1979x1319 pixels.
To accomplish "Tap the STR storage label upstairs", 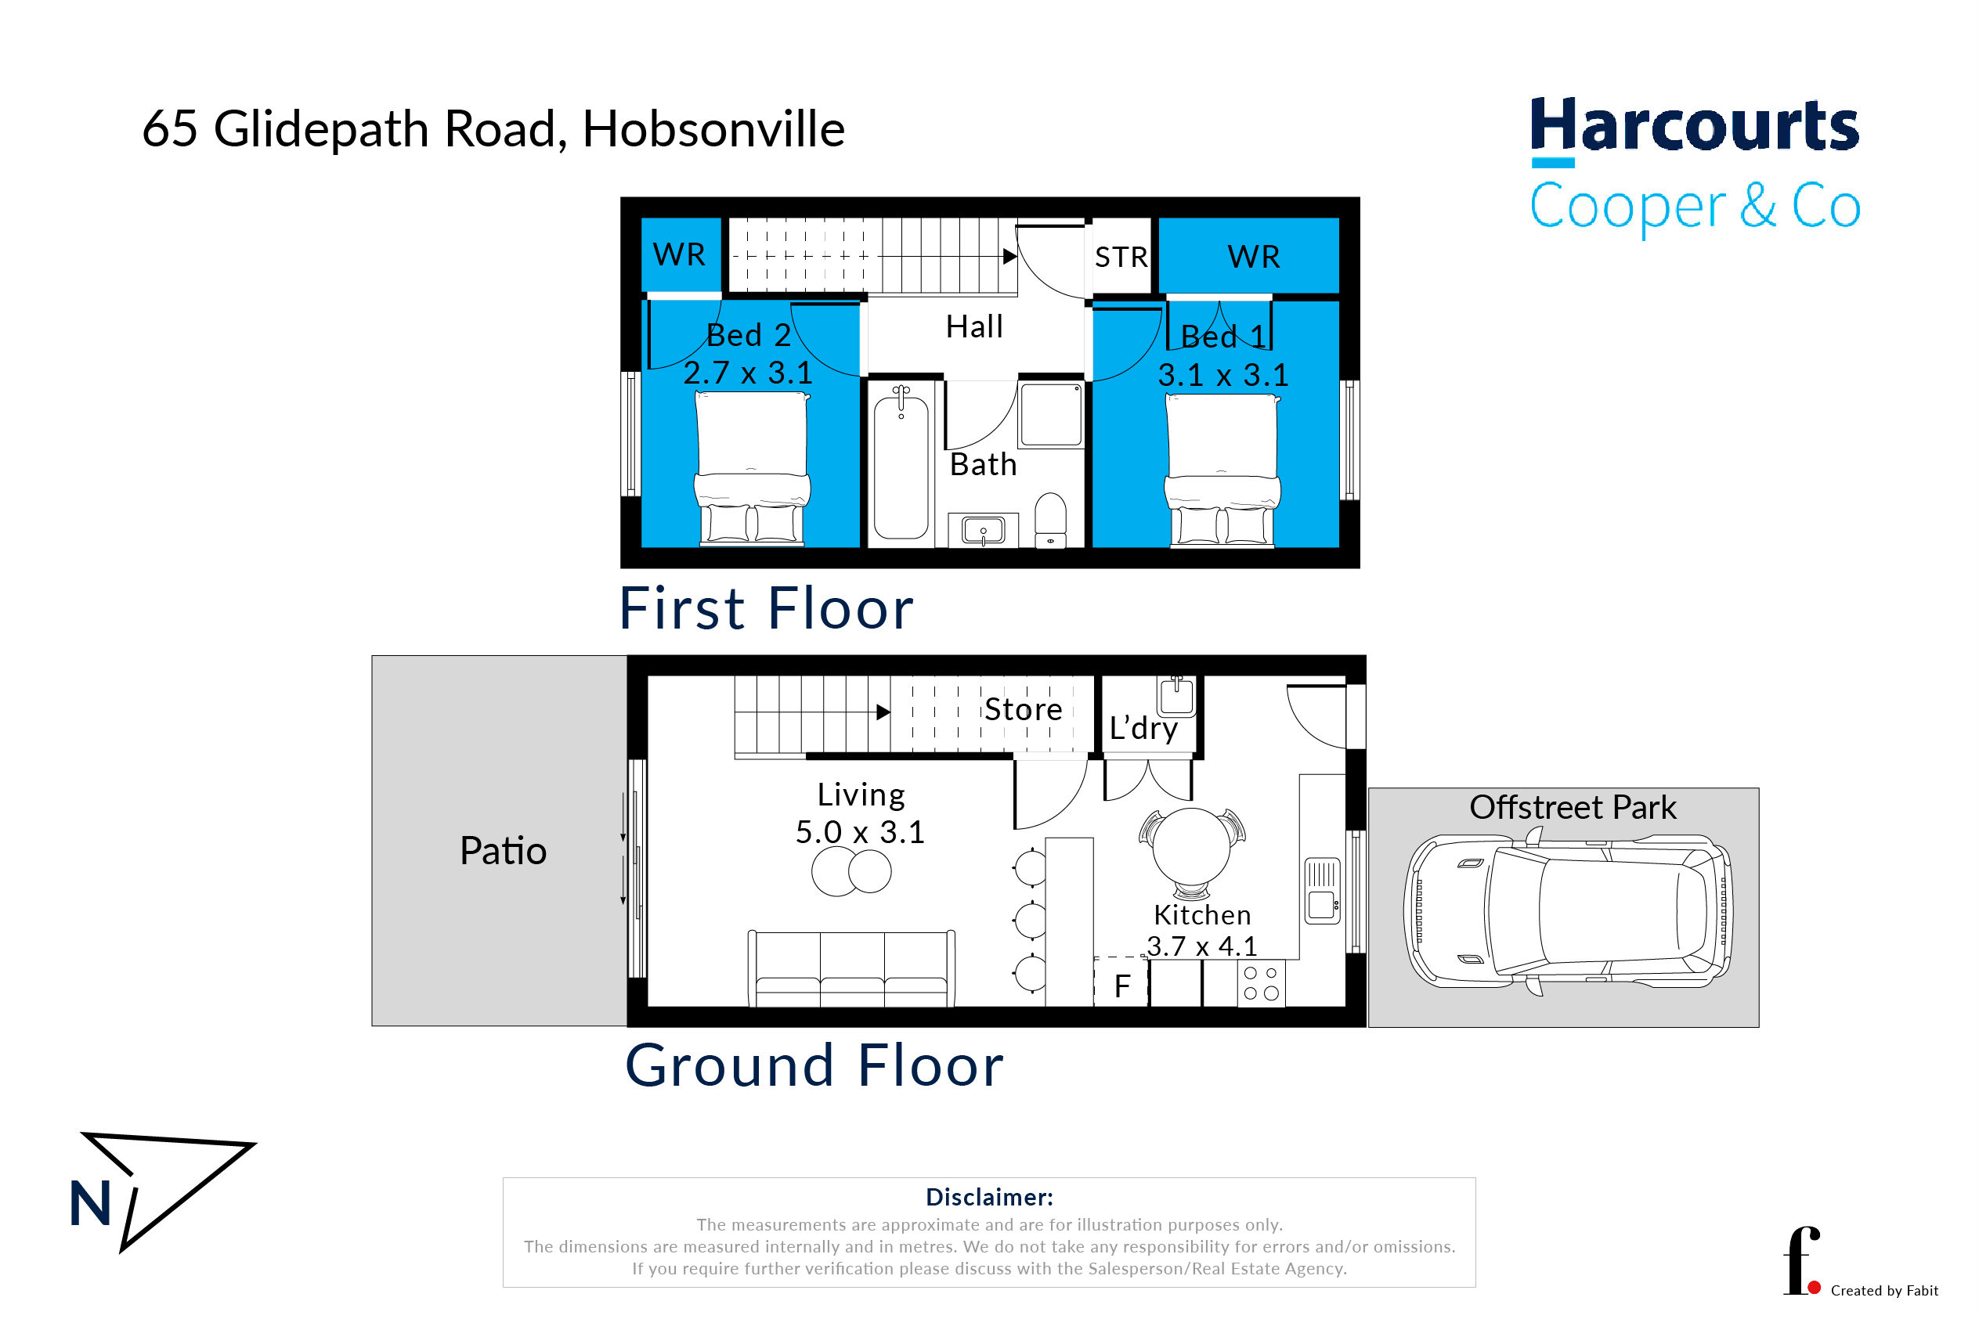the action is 1121,257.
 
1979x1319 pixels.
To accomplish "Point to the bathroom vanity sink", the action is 983,531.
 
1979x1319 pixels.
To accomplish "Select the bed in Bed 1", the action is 1222,471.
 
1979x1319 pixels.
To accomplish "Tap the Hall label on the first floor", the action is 974,326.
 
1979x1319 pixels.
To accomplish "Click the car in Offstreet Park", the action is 1568,911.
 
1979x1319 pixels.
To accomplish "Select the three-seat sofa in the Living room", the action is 851,969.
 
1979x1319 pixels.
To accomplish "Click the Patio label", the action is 503,850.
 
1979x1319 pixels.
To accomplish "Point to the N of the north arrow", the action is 91,1203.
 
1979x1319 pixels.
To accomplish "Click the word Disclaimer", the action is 990,1197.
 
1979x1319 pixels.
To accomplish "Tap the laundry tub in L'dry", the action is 1176,696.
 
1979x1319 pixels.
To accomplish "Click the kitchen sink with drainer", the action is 1322,891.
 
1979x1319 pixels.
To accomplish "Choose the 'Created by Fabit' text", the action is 1884,1290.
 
